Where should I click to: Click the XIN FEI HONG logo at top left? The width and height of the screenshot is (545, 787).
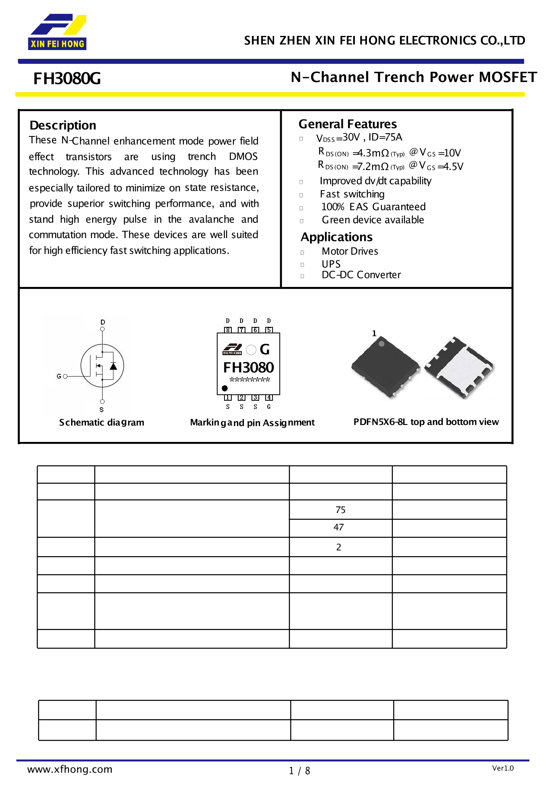coord(57,32)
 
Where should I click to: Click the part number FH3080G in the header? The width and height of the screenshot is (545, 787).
coord(67,79)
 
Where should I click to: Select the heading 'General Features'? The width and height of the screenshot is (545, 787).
coord(348,124)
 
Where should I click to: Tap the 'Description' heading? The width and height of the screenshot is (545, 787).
coord(63,126)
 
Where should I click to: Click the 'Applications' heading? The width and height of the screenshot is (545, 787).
coord(337,237)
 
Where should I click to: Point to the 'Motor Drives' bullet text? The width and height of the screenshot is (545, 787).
coord(350,251)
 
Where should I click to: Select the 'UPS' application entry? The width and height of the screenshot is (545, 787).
coord(331,264)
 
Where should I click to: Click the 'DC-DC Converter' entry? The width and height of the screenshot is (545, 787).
coord(361,275)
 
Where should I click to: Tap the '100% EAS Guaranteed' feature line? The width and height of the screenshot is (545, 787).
coord(373,207)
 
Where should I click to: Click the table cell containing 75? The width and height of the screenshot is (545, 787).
coord(340,510)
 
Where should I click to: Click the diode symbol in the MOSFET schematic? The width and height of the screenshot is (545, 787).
coord(113,366)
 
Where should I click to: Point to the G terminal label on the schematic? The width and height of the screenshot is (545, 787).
coord(59,376)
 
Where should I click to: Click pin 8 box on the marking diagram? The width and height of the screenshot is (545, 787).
coord(228,330)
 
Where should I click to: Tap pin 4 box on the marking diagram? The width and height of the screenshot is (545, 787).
coord(269,398)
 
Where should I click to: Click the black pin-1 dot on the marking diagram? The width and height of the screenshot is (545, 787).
coord(225,388)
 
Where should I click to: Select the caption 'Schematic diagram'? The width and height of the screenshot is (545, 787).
coord(102,423)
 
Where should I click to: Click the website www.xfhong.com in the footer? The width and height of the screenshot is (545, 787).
coord(70,769)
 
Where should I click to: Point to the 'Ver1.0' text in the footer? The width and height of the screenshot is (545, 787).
coord(503,768)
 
